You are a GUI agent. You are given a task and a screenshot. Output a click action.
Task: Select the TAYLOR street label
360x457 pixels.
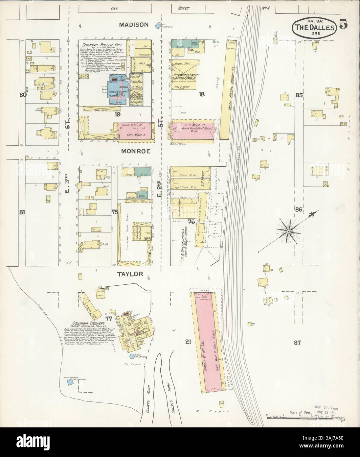pyautogui.click(x=131, y=274)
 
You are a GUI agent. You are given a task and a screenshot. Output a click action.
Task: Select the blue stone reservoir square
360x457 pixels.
pyautogui.click(x=70, y=382)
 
